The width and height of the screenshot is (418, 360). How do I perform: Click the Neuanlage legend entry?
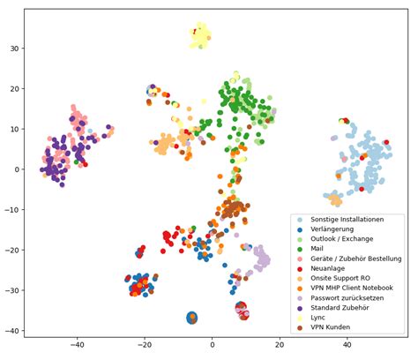coord(330,270)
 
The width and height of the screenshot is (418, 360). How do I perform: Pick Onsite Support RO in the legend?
coord(340,281)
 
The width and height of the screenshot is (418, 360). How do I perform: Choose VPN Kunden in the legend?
coord(331,334)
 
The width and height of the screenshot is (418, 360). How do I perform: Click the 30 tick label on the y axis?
coord(13,48)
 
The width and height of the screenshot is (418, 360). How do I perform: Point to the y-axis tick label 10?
coord(13,129)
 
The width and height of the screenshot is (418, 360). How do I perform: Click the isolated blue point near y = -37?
coord(191,318)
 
